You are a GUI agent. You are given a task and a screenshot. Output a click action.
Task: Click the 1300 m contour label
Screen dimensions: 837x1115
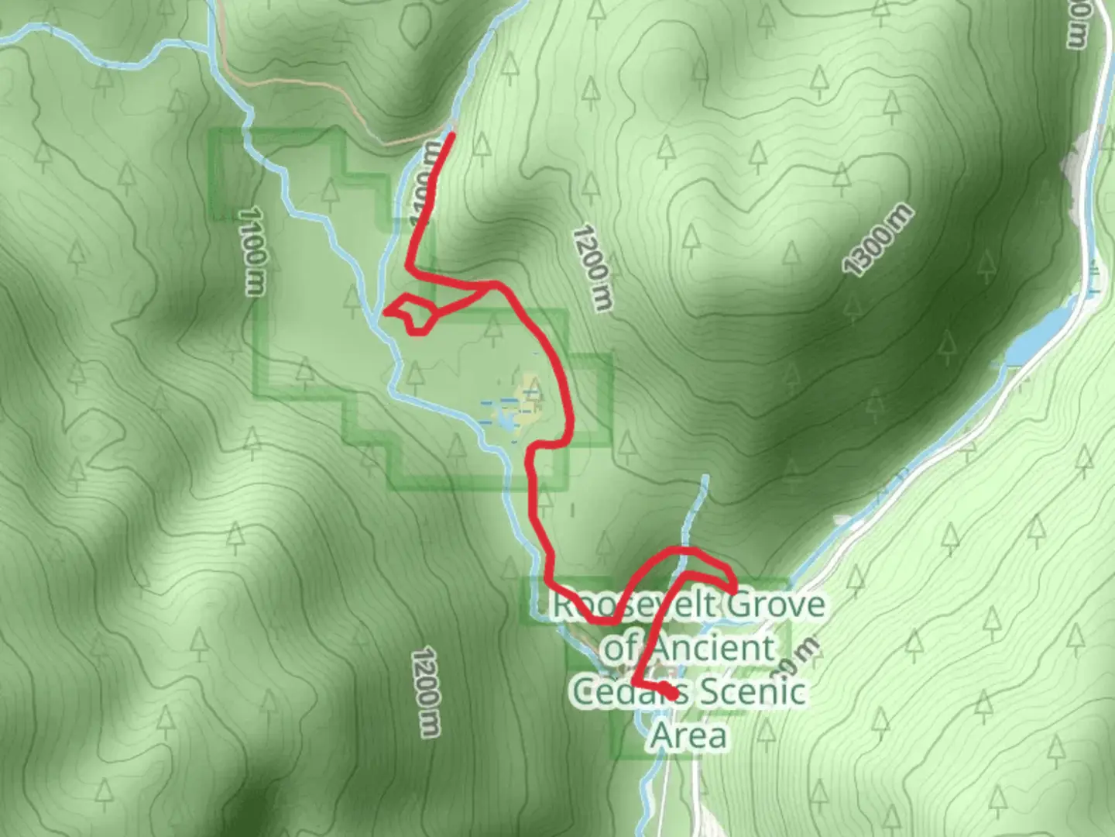pos(877,241)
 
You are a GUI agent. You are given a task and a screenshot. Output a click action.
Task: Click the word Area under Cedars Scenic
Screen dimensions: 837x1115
pos(688,735)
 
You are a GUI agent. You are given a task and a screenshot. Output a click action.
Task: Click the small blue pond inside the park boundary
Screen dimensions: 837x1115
pos(504,422)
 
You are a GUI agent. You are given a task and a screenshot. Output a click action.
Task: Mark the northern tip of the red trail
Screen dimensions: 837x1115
pos(451,136)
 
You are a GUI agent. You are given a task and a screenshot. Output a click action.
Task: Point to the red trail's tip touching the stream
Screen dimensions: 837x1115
pos(386,312)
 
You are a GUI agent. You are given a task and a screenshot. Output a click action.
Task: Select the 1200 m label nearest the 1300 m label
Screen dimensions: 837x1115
pos(592,267)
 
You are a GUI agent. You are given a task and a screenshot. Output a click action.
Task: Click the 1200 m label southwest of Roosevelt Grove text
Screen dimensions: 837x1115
pos(426,692)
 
